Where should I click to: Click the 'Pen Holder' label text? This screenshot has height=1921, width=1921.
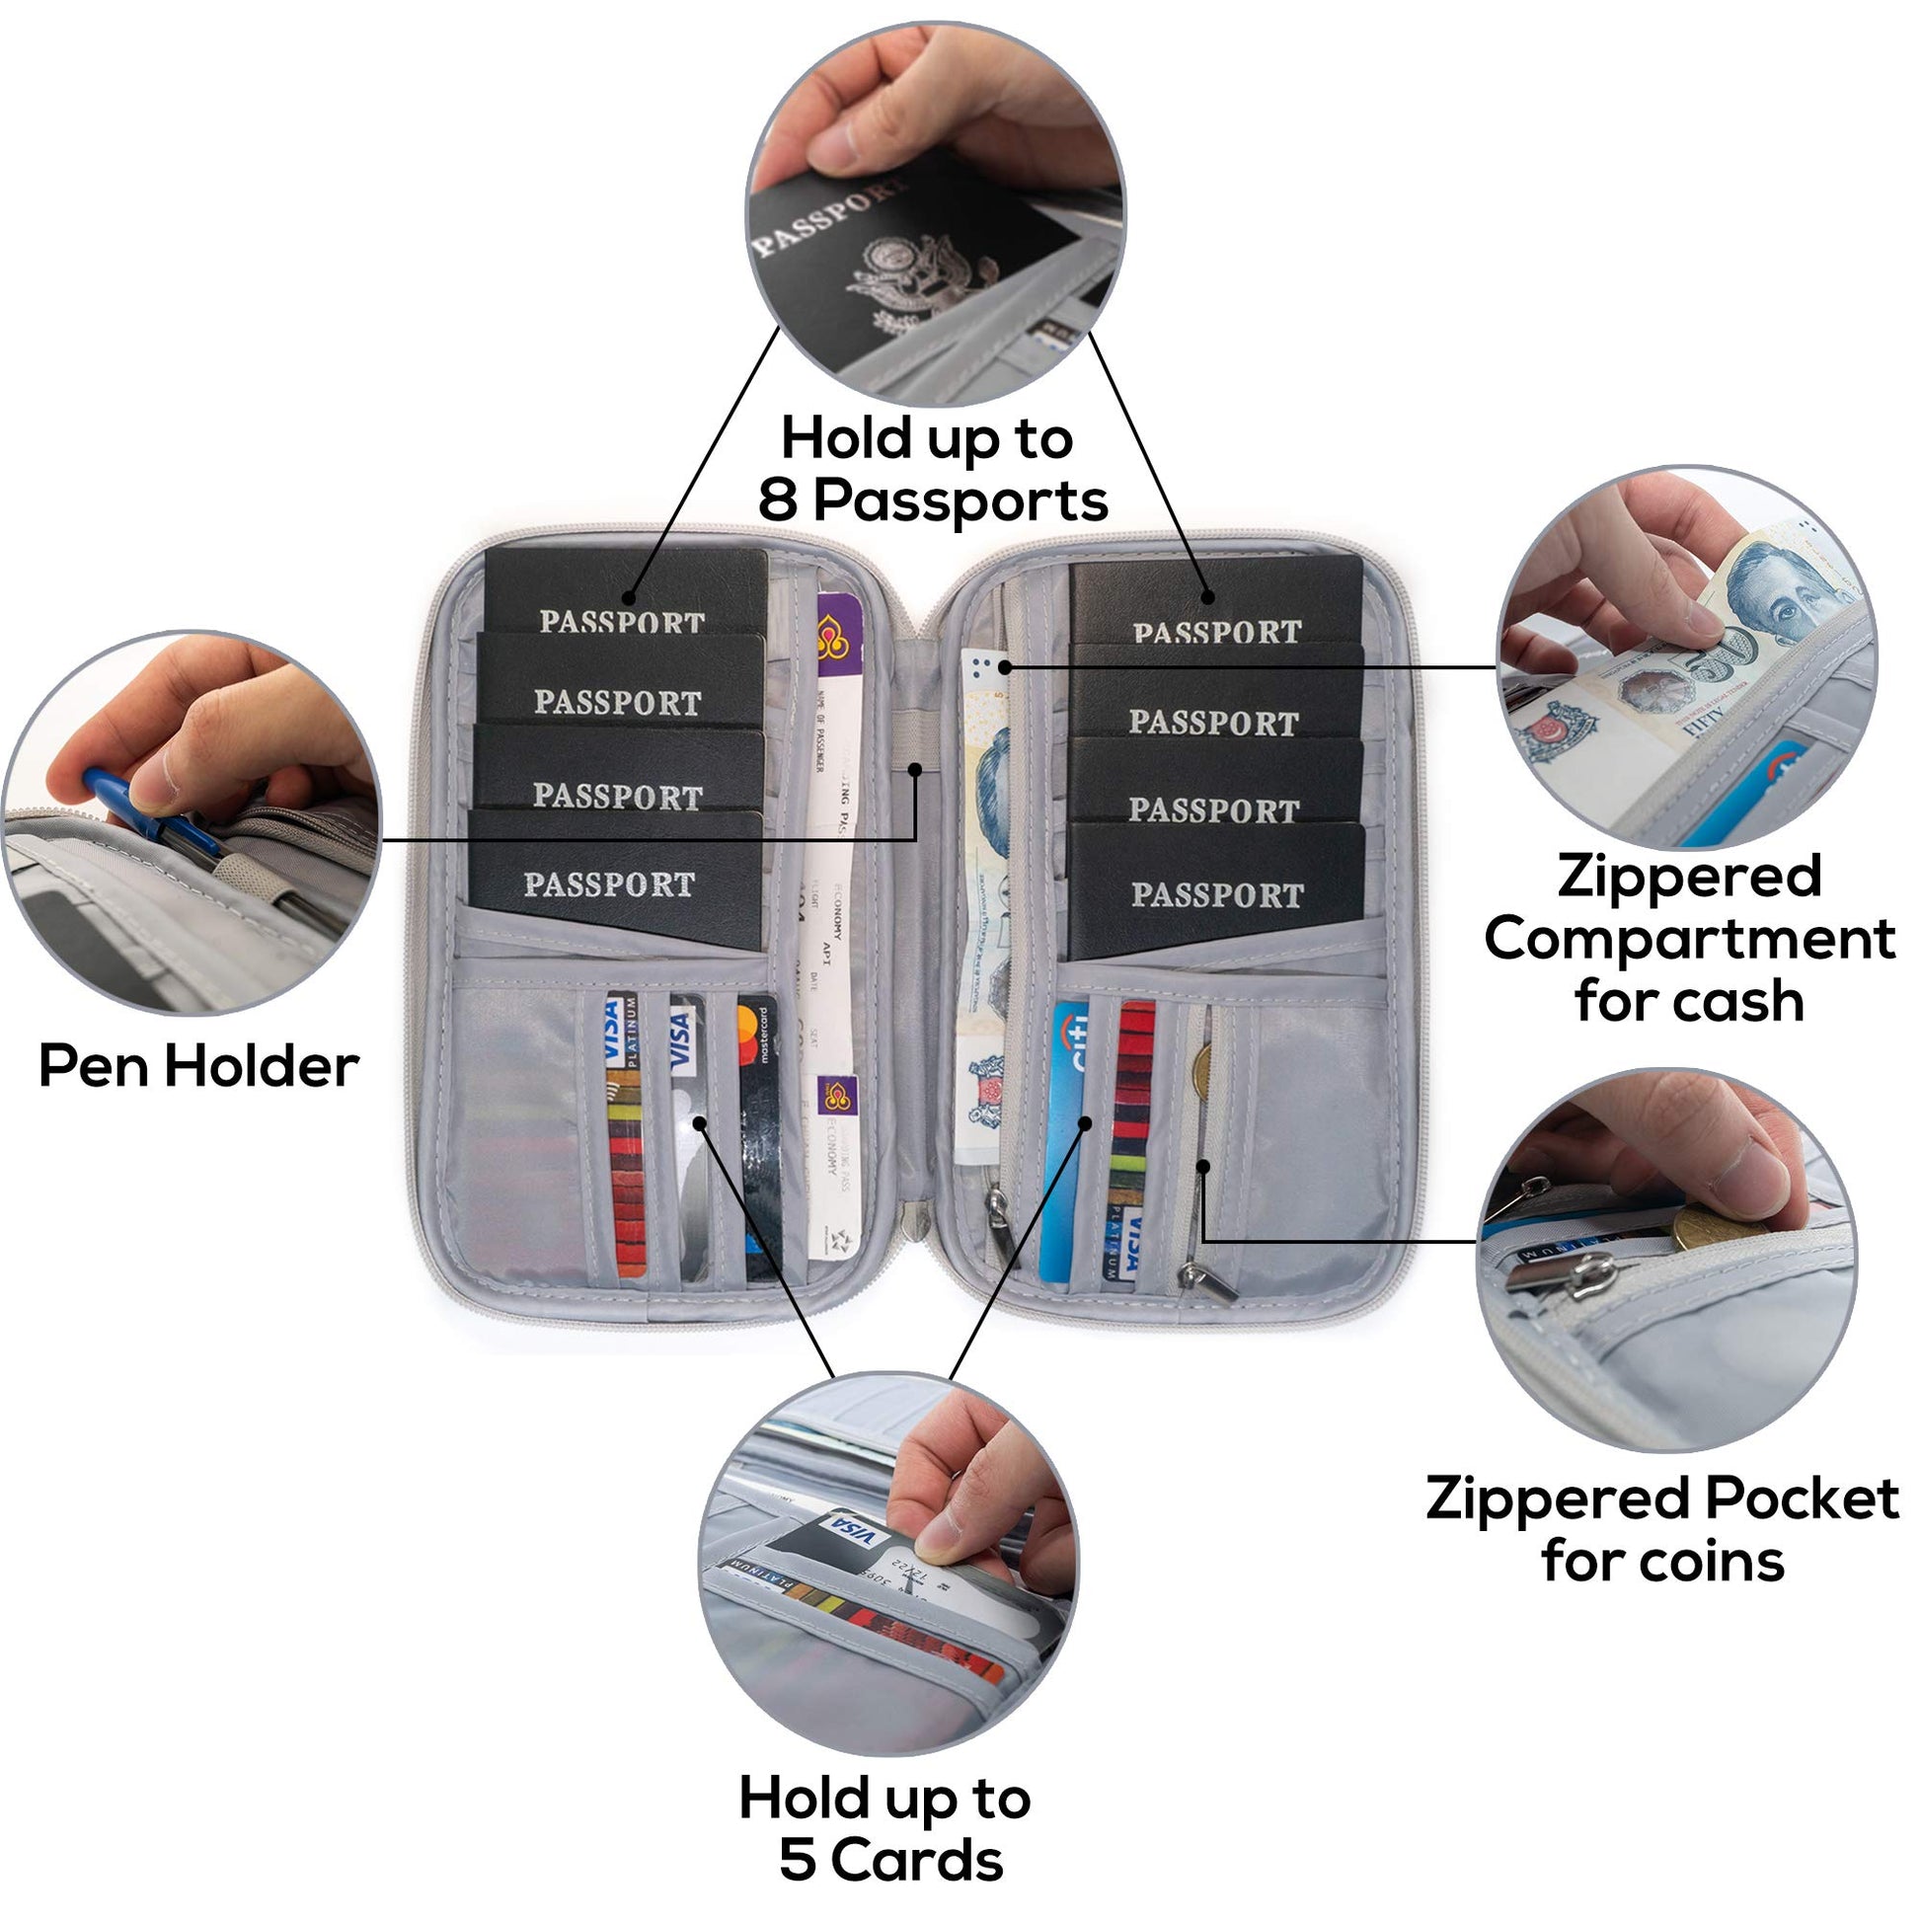pyautogui.click(x=197, y=1067)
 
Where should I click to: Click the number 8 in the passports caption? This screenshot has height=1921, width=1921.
pyautogui.click(x=779, y=500)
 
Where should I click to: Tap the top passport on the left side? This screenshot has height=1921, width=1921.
pyautogui.click(x=627, y=594)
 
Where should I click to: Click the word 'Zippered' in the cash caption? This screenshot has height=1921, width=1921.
pyautogui.click(x=1689, y=876)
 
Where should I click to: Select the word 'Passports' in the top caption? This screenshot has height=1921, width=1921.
pyautogui.click(x=960, y=500)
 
